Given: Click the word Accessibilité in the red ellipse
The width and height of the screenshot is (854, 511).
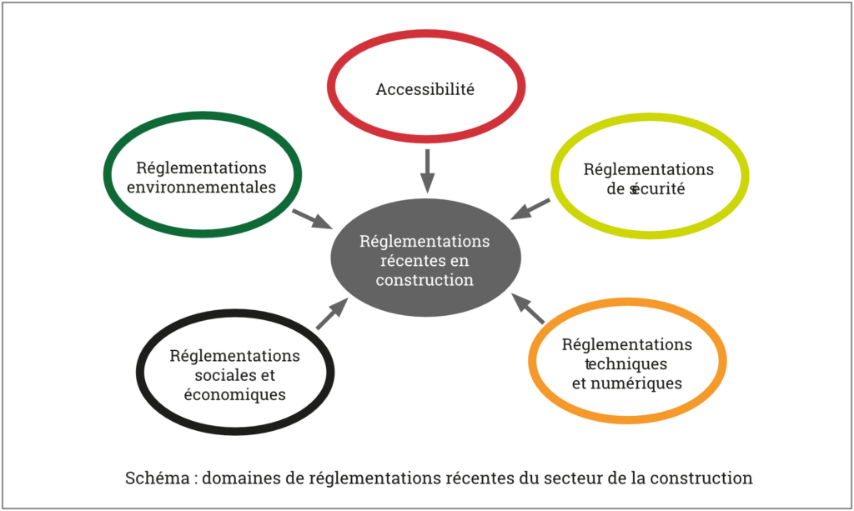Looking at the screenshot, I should point(424,89).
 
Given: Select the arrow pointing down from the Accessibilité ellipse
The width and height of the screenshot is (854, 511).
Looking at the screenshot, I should point(427,171).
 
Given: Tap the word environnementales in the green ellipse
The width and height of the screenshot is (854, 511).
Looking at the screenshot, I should point(201,188).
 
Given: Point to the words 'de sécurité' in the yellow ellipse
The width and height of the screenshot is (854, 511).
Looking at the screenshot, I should point(646,189).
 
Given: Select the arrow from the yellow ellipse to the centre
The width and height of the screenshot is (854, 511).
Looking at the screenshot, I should point(530,208).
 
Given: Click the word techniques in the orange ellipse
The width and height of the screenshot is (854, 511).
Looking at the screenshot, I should point(626,364).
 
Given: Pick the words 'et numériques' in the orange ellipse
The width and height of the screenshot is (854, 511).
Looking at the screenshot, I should point(626,383).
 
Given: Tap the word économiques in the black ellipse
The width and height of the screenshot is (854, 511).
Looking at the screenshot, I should point(234,394).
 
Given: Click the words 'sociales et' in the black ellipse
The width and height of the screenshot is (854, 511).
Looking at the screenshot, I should point(234,375).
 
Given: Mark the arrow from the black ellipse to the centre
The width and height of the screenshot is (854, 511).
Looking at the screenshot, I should point(331,314).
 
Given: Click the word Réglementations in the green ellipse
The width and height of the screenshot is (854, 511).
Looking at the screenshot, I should point(201,168).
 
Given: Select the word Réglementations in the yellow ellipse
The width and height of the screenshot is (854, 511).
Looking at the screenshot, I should point(647,170).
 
